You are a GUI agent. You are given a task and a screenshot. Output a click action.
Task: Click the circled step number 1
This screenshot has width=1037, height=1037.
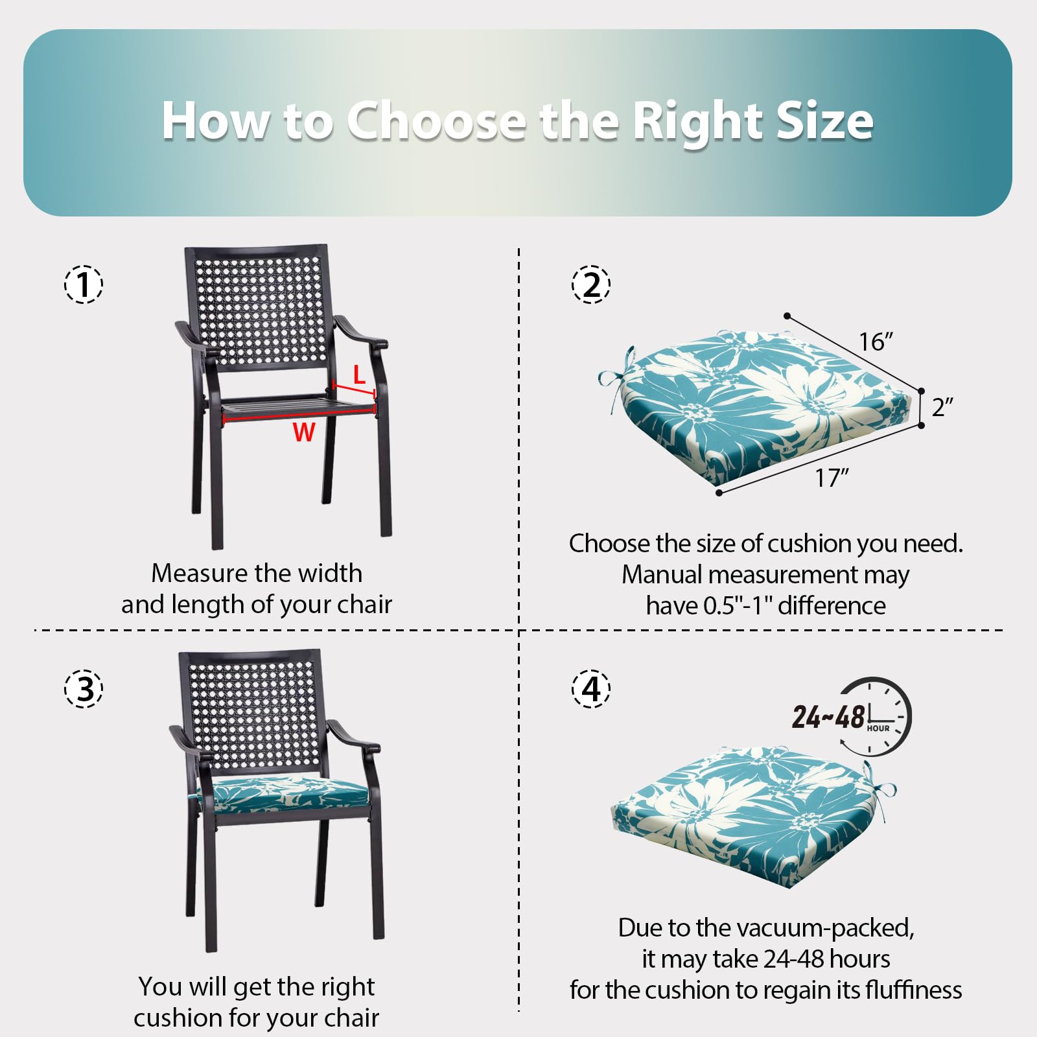pyautogui.click(x=84, y=284)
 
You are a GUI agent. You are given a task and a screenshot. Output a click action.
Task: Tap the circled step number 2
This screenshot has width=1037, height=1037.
pyautogui.click(x=591, y=284)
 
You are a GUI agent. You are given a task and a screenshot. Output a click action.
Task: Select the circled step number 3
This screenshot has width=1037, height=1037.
pyautogui.click(x=84, y=688)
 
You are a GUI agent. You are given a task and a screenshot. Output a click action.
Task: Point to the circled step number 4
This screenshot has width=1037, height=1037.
pyautogui.click(x=591, y=688)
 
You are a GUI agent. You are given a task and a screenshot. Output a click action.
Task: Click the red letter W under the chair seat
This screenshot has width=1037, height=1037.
pyautogui.click(x=303, y=432)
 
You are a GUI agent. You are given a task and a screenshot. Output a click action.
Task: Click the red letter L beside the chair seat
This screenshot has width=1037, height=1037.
pyautogui.click(x=359, y=375)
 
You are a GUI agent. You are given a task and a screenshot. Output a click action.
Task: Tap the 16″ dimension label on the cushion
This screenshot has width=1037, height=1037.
pyautogui.click(x=876, y=342)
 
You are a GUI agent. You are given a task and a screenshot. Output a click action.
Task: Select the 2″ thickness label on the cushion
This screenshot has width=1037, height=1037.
pyautogui.click(x=942, y=407)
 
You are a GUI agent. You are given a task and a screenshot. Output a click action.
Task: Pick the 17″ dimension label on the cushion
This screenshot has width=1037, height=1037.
pyautogui.click(x=832, y=478)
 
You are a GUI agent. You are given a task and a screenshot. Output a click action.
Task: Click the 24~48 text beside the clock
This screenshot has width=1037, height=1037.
pyautogui.click(x=828, y=717)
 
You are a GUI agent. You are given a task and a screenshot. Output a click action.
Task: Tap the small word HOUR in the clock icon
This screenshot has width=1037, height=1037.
pyautogui.click(x=878, y=728)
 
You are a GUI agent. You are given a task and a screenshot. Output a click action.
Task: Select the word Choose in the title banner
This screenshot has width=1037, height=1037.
pyautogui.click(x=436, y=121)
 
